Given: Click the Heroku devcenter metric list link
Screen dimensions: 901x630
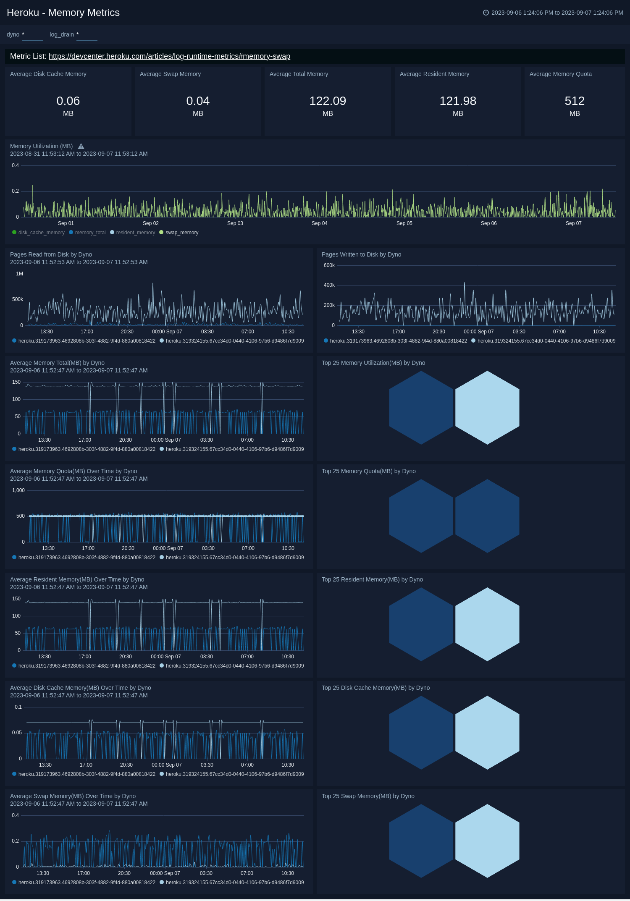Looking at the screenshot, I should [x=169, y=56].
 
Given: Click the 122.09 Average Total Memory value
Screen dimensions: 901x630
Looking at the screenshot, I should [x=328, y=101].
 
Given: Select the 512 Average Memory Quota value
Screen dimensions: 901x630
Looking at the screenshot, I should [x=574, y=101].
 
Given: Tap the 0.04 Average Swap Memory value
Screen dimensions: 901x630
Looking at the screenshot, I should [x=198, y=101].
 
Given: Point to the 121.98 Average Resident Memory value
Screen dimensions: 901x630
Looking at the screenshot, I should [x=457, y=101].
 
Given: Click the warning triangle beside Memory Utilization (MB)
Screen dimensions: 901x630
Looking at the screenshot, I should [x=81, y=147].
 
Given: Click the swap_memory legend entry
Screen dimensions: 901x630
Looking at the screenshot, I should [x=181, y=233].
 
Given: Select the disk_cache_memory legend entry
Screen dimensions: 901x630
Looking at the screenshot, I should [x=41, y=233].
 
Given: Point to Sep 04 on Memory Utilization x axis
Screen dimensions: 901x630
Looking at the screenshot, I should [x=319, y=223].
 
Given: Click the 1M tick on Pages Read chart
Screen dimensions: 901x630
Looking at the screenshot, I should [x=19, y=274].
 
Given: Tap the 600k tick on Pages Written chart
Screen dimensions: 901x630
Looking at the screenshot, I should [x=329, y=265].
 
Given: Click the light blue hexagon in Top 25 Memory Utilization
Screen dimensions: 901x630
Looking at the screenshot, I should [x=487, y=407].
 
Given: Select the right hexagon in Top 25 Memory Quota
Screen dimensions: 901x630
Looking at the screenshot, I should [x=487, y=516].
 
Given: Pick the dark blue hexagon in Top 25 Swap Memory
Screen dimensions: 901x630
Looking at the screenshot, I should [x=421, y=841].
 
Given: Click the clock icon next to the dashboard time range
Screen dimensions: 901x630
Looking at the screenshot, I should [x=486, y=13].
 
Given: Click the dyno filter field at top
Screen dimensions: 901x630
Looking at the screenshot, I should [x=32, y=35].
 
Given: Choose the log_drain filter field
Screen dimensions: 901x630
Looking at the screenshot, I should [x=87, y=35].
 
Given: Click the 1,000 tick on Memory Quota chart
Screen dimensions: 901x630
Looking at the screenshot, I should [x=18, y=490].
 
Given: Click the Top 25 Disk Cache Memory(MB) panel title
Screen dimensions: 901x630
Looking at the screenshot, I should [x=375, y=688].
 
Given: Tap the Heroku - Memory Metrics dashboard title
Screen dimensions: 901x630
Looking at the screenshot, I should [x=63, y=13].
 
